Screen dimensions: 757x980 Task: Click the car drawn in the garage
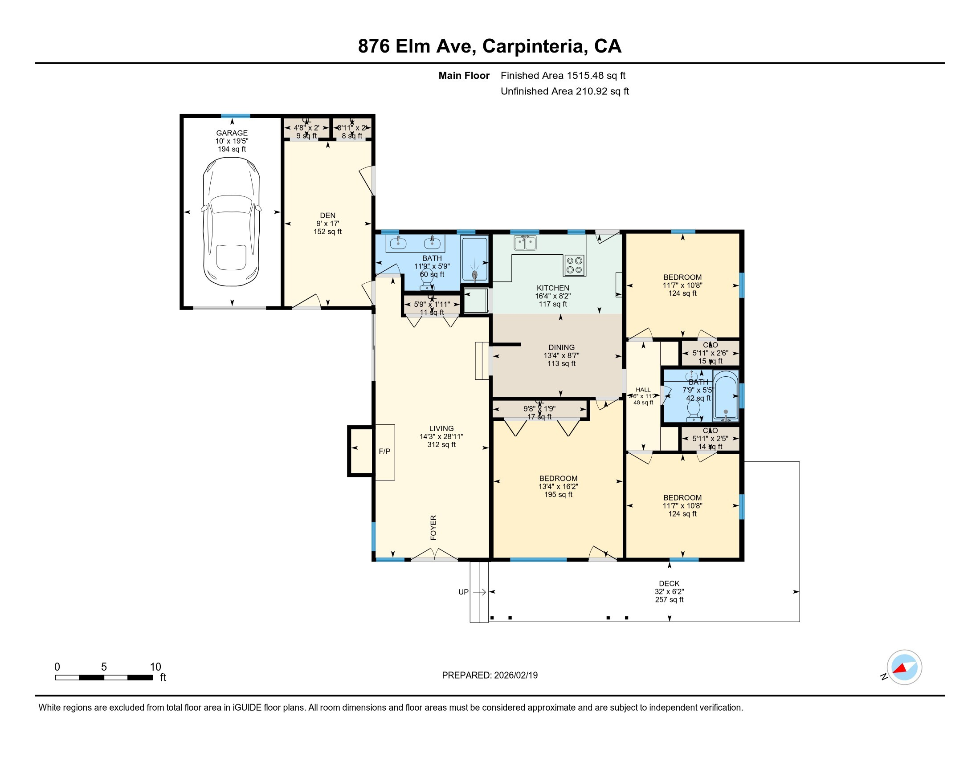click(x=231, y=222)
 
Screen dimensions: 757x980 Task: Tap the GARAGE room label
click(x=232, y=133)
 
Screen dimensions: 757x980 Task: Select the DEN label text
click(x=327, y=215)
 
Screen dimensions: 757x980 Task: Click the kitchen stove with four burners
click(x=574, y=265)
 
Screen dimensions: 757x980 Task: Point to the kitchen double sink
click(x=525, y=243)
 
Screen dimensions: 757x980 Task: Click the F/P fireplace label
click(x=384, y=452)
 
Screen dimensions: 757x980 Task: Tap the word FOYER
click(x=433, y=527)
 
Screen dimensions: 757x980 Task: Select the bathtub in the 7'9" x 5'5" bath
click(x=726, y=395)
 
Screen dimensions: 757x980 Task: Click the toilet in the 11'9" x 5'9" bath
click(x=426, y=281)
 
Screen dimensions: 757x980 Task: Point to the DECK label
click(x=669, y=583)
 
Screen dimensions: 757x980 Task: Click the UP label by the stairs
click(x=464, y=592)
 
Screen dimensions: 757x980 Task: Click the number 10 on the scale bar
click(x=155, y=667)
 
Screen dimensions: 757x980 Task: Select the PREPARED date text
click(x=490, y=676)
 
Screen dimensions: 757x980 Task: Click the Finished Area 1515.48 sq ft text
click(x=563, y=76)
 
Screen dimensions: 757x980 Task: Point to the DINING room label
click(x=561, y=347)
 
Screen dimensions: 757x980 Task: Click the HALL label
click(x=643, y=390)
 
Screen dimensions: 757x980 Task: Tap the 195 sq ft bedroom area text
click(x=558, y=495)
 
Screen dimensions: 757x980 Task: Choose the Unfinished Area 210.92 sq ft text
click(x=564, y=91)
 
